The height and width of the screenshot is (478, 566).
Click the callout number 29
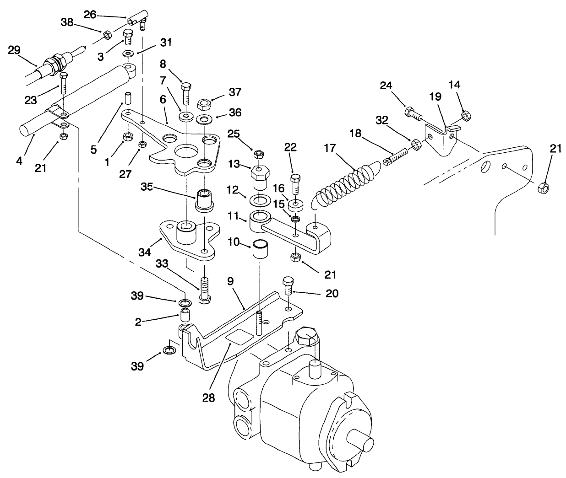point(14,50)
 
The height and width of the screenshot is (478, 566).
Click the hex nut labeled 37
point(203,105)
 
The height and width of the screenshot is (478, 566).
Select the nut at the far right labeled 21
point(542,188)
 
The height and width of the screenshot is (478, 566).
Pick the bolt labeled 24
point(413,113)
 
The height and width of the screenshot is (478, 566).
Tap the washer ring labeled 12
point(260,200)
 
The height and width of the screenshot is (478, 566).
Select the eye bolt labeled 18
point(397,157)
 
